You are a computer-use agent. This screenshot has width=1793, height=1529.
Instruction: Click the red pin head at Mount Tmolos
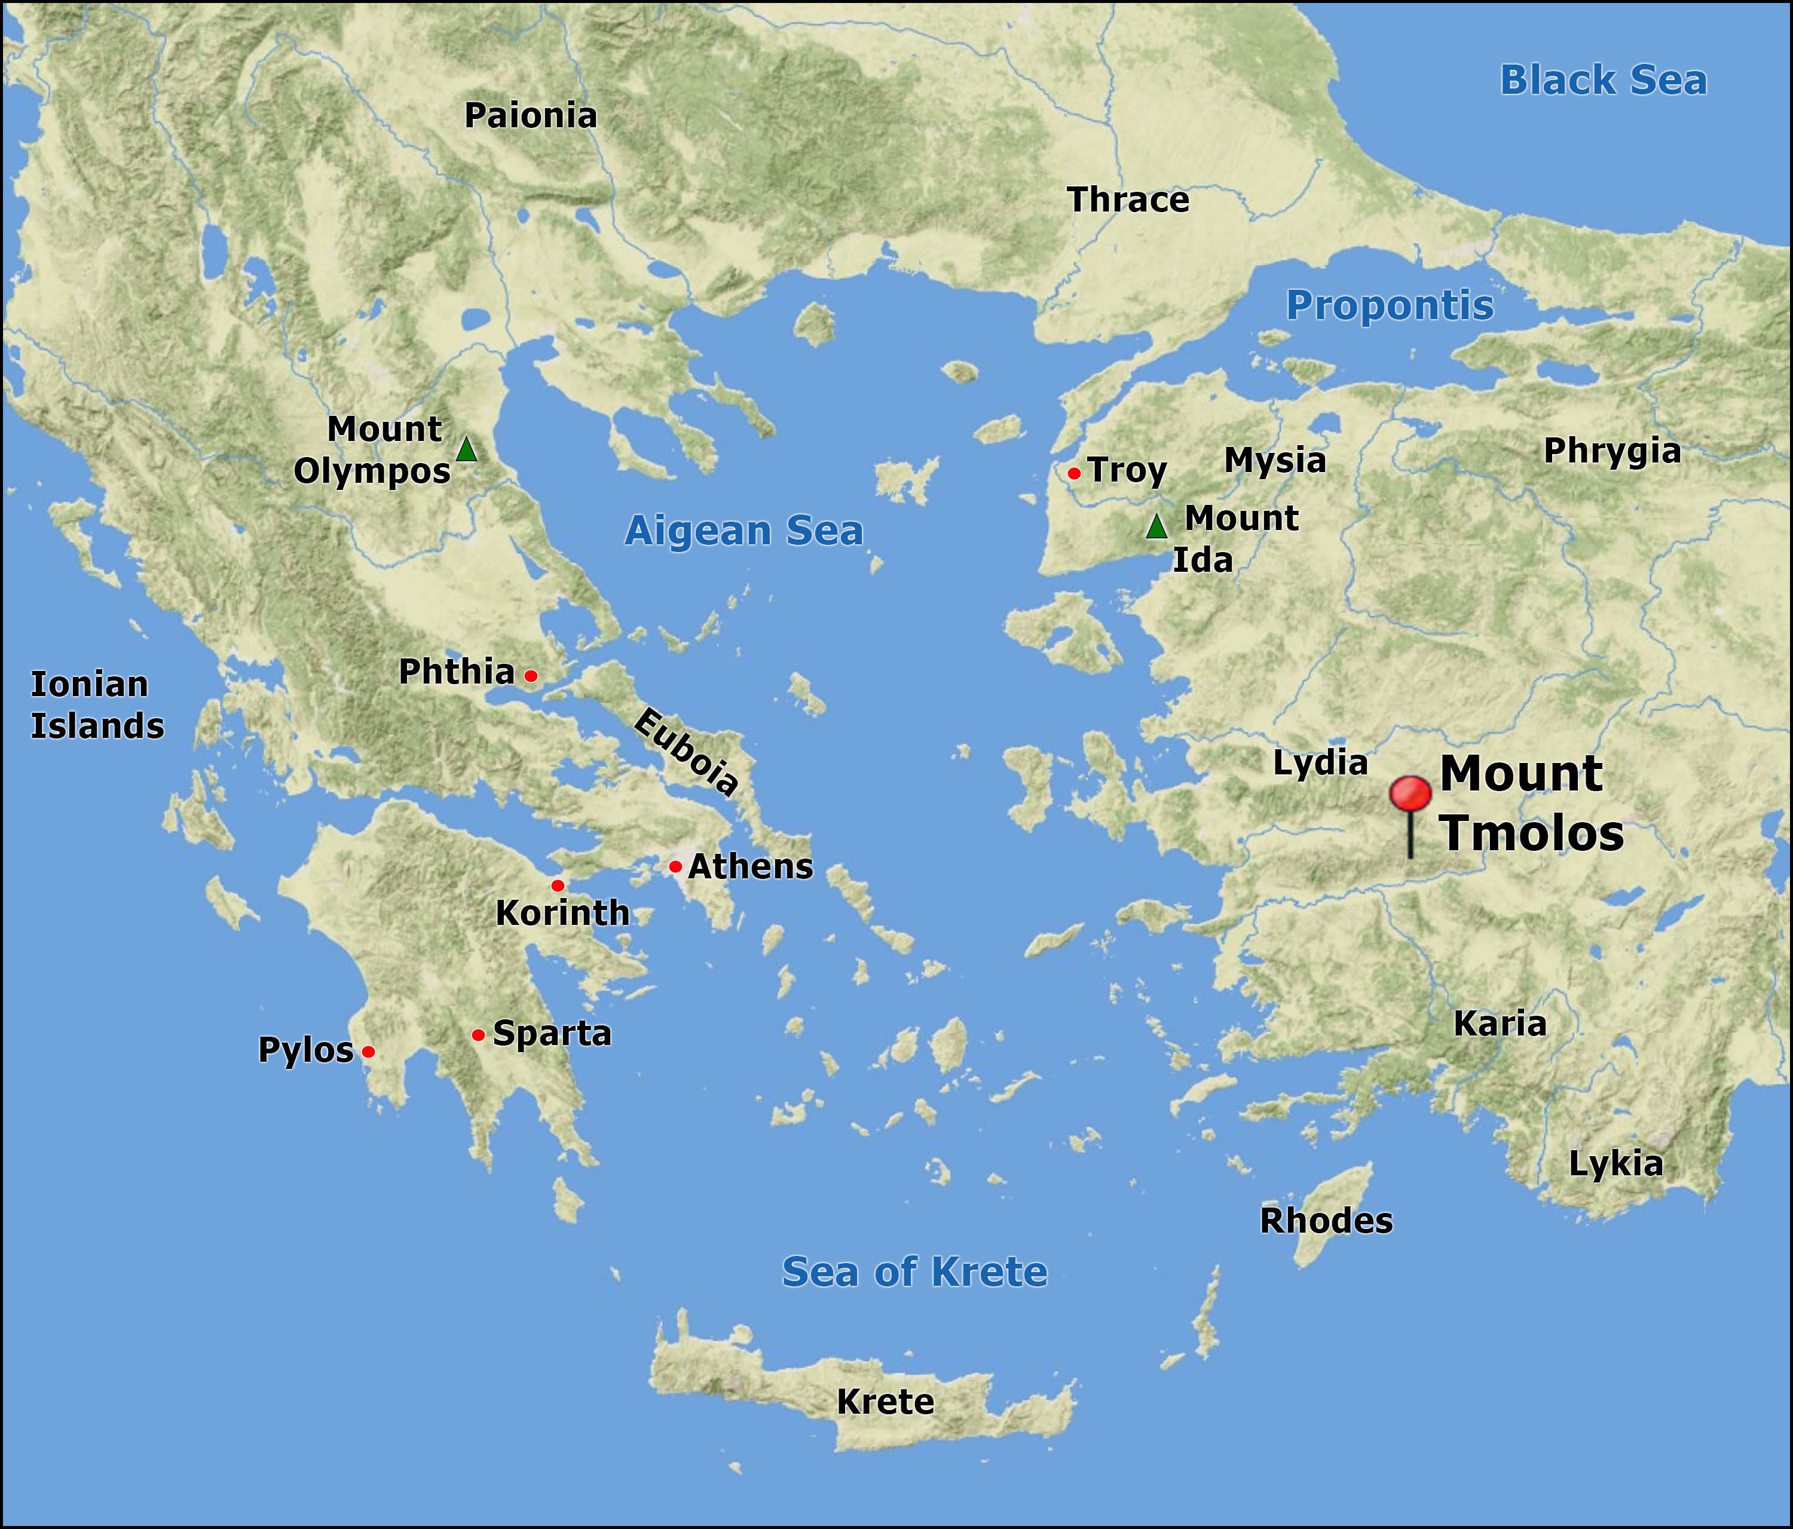click(x=1410, y=793)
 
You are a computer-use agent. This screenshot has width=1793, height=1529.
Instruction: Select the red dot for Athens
click(x=675, y=866)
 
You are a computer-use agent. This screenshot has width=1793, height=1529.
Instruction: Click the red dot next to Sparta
click(x=478, y=1035)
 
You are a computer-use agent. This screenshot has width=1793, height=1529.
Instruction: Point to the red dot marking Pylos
click(x=368, y=1052)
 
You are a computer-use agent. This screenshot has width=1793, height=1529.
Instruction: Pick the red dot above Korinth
click(x=557, y=885)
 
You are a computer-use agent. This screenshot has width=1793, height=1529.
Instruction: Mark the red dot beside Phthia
click(x=531, y=676)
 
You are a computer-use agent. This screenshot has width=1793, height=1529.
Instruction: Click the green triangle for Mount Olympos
click(x=466, y=449)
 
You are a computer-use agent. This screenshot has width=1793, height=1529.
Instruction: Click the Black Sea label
click(x=1602, y=81)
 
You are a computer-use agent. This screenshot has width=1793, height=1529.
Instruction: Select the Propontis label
click(x=1389, y=305)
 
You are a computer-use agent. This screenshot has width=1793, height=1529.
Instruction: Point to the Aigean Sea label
click(x=743, y=531)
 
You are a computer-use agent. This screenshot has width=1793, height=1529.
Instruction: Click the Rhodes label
click(x=1326, y=1221)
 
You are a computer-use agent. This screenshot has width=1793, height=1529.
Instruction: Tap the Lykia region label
click(x=1615, y=1164)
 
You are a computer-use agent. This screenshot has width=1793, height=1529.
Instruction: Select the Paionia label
click(x=531, y=116)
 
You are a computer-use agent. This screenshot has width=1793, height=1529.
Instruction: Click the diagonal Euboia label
click(x=686, y=750)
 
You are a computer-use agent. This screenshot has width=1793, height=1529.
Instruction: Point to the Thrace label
click(x=1128, y=200)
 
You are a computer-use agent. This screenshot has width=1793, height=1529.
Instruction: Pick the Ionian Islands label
click(x=97, y=705)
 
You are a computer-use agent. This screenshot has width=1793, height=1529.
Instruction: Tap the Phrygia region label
click(x=1611, y=451)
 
